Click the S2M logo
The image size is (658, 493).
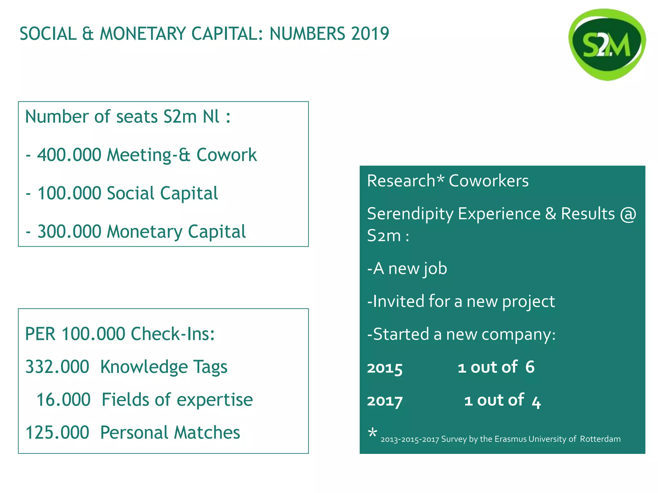(607, 45)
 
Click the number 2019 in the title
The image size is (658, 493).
(370, 34)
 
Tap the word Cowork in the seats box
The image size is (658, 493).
(227, 155)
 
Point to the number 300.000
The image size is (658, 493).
(69, 231)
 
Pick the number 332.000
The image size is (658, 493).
(57, 367)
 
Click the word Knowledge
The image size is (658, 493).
(144, 367)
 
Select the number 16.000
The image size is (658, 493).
(63, 400)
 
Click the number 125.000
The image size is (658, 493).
(57, 433)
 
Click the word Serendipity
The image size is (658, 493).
(410, 214)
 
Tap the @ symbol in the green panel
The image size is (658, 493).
(628, 214)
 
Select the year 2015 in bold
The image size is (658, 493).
(385, 368)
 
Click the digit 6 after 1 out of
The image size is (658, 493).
(530, 367)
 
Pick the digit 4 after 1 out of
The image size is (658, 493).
(536, 401)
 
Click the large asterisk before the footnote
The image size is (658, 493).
(372, 433)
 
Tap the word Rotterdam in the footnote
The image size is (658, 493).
(600, 439)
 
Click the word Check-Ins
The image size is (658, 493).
(173, 334)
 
